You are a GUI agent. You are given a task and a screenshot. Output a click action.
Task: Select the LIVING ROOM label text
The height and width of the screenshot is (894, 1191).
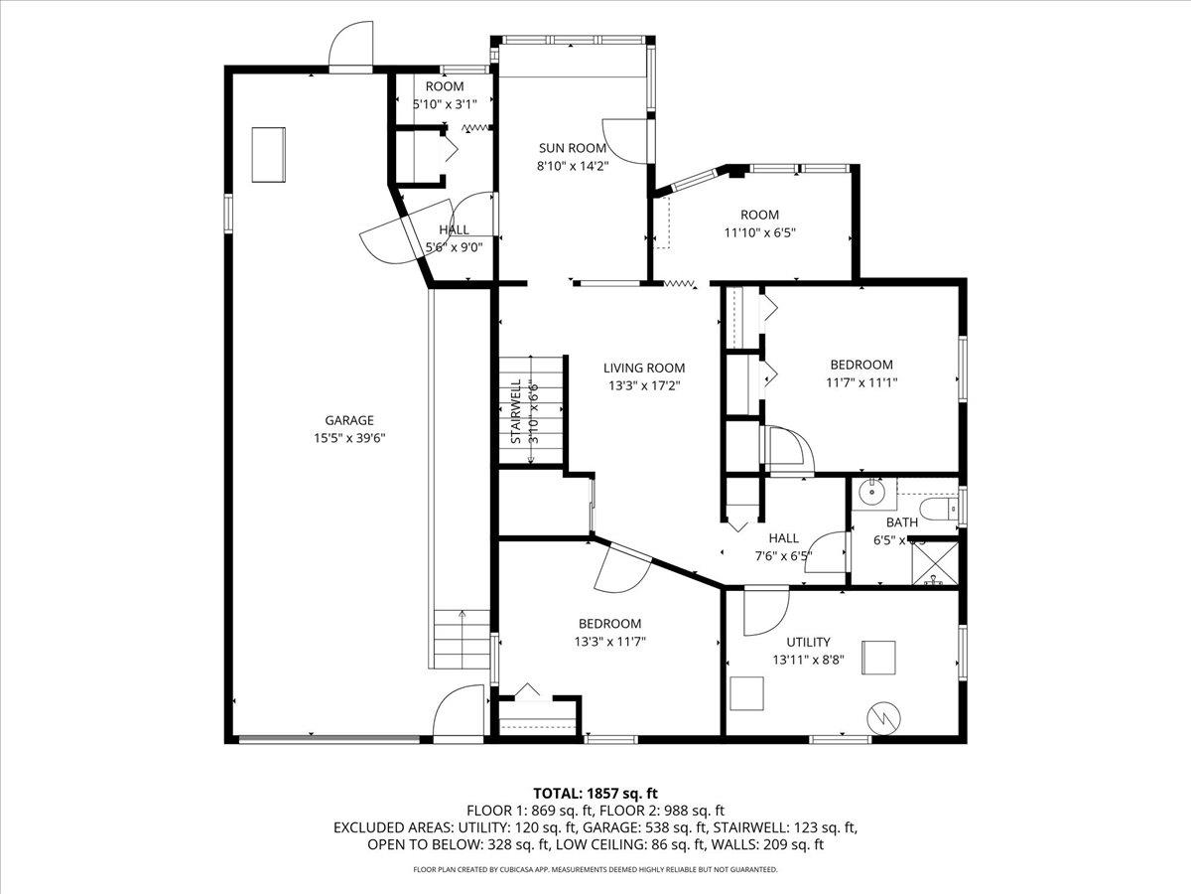[644, 368]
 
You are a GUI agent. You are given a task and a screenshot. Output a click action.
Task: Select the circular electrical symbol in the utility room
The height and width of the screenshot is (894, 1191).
[882, 717]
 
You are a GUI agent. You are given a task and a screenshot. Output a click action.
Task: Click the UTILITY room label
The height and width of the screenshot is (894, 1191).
[808, 642]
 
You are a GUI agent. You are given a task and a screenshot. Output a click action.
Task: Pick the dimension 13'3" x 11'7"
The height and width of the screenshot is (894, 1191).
[611, 642]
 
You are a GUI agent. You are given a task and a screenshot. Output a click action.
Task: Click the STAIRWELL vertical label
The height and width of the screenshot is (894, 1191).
[516, 411]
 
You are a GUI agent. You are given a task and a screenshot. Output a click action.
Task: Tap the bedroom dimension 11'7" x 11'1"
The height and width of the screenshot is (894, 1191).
[860, 382]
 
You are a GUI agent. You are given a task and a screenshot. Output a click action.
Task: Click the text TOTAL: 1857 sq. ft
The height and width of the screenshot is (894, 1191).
[595, 793]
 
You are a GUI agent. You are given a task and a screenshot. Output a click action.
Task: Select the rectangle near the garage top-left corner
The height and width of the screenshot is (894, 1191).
[268, 154]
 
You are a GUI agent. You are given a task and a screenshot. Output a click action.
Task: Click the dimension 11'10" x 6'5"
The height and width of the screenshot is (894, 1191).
[759, 232]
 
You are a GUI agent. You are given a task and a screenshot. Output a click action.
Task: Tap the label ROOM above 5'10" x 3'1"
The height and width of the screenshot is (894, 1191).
[445, 86]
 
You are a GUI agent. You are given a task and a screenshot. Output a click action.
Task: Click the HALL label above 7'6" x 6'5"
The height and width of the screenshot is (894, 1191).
[783, 538]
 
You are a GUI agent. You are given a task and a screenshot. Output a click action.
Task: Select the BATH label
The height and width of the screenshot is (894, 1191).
[902, 522]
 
